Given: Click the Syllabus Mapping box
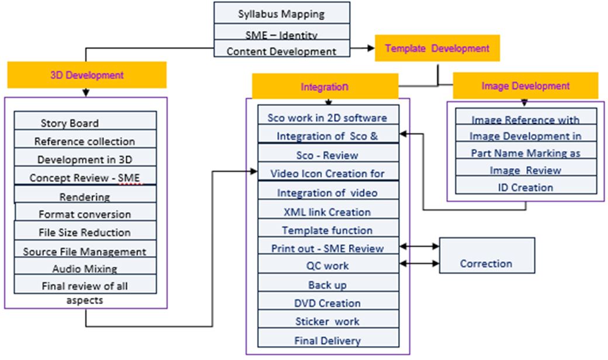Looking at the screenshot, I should [282, 13].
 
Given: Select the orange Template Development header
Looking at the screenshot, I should [437, 49].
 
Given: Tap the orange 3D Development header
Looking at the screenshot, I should [87, 75].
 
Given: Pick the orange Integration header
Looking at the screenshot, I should [324, 86].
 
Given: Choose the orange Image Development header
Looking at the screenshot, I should [525, 86].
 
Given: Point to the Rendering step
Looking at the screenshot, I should [85, 197].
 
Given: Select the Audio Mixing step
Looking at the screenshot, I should [85, 269].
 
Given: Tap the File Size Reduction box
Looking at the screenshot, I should [85, 232].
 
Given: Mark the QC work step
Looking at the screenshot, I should [327, 266].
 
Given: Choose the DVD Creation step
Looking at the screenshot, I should [327, 303].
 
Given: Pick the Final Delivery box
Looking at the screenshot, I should [327, 340].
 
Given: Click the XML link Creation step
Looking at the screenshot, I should [327, 212].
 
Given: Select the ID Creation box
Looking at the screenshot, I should [525, 188].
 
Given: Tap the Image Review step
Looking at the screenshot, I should [525, 170].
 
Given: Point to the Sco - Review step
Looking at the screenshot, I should [327, 155].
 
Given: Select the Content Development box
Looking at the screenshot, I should [282, 51].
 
